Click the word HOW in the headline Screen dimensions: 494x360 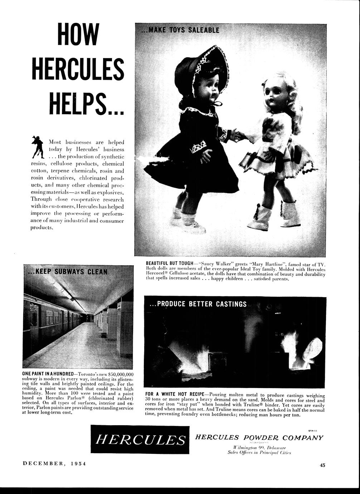(78, 34)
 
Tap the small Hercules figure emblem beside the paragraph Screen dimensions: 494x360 (38, 147)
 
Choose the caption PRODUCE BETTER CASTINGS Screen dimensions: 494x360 (198, 304)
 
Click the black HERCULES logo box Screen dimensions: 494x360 (140, 439)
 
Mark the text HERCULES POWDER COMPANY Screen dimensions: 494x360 (259, 437)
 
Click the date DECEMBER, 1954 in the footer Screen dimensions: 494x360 (54, 463)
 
